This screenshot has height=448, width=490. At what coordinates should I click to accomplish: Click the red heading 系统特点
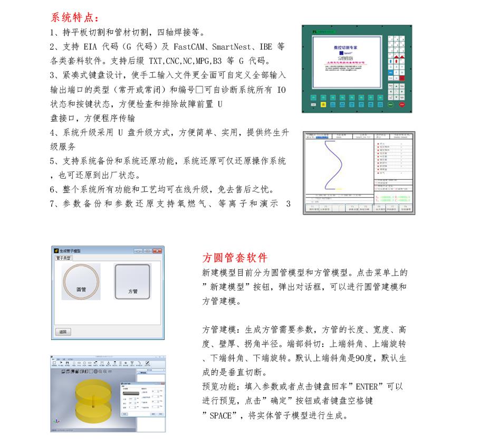pyautogui.click(x=74, y=17)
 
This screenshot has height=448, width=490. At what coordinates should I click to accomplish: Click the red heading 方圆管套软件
pyautogui.click(x=235, y=258)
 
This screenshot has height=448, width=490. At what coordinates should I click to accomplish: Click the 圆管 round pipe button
pyautogui.click(x=81, y=281)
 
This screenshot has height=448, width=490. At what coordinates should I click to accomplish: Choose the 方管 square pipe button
pyautogui.click(x=133, y=282)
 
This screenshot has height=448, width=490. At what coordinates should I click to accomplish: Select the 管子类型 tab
pyautogui.click(x=64, y=258)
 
